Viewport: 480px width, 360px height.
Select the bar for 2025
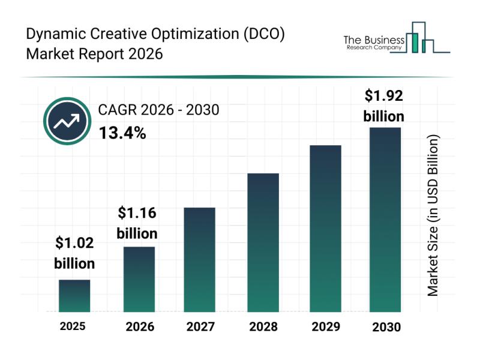click(74, 296)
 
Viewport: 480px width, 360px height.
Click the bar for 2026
click(139, 279)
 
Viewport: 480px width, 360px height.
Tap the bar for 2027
click(200, 259)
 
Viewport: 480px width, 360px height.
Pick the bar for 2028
click(263, 242)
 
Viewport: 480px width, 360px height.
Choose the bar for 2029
click(325, 228)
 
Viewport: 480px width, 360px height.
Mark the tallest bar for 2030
click(385, 220)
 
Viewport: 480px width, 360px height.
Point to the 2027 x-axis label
click(200, 327)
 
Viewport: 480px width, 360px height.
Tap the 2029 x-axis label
click(325, 327)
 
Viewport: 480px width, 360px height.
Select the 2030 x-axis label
click(385, 328)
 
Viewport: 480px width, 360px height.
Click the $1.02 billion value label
click(74, 253)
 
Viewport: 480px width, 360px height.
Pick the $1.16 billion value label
click(137, 223)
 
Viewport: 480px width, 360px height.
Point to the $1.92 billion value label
click(384, 106)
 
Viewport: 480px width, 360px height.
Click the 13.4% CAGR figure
click(122, 133)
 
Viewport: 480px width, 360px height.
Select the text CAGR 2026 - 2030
click(158, 110)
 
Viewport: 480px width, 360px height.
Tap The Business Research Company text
click(373, 43)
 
